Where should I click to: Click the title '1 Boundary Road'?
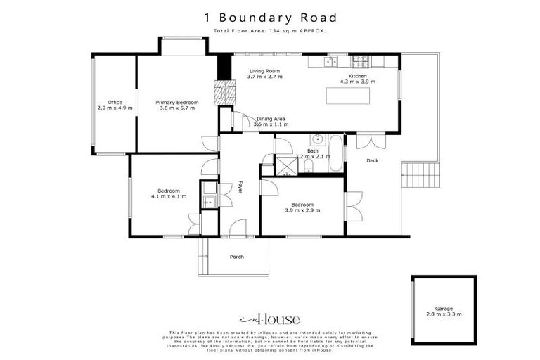270,18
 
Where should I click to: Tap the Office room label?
115,103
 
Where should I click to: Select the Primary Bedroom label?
177,103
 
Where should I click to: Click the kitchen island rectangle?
355,96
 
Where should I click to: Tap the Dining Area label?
270,120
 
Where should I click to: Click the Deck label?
373,161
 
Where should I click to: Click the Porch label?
237,257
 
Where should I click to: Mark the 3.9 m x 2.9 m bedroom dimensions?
302,210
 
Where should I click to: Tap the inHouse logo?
270,319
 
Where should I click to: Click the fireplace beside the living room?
224,92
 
